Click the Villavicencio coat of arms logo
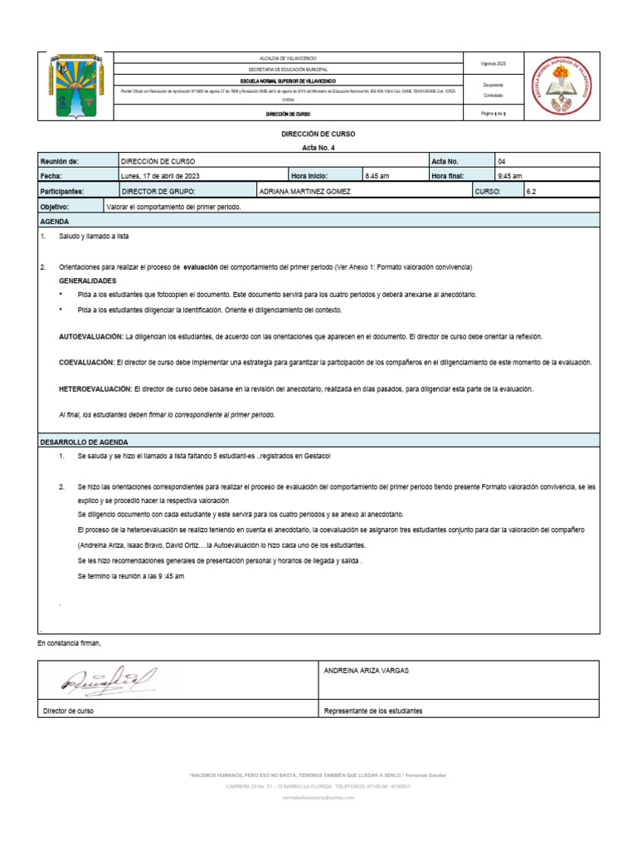coord(75,86)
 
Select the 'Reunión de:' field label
coord(59,161)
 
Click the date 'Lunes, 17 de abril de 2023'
coord(160,176)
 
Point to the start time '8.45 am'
coord(377,176)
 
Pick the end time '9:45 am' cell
coord(509,176)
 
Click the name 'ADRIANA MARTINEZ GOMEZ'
coord(305,191)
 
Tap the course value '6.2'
coord(532,191)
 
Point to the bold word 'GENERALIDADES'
coord(87,281)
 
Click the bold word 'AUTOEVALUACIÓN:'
coord(90,338)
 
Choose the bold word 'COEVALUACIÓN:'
coord(86,363)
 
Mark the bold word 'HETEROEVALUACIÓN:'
coord(95,388)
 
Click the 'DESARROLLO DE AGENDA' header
coord(84,442)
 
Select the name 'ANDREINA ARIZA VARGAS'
coord(366,671)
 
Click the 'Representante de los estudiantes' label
coord(373,711)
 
